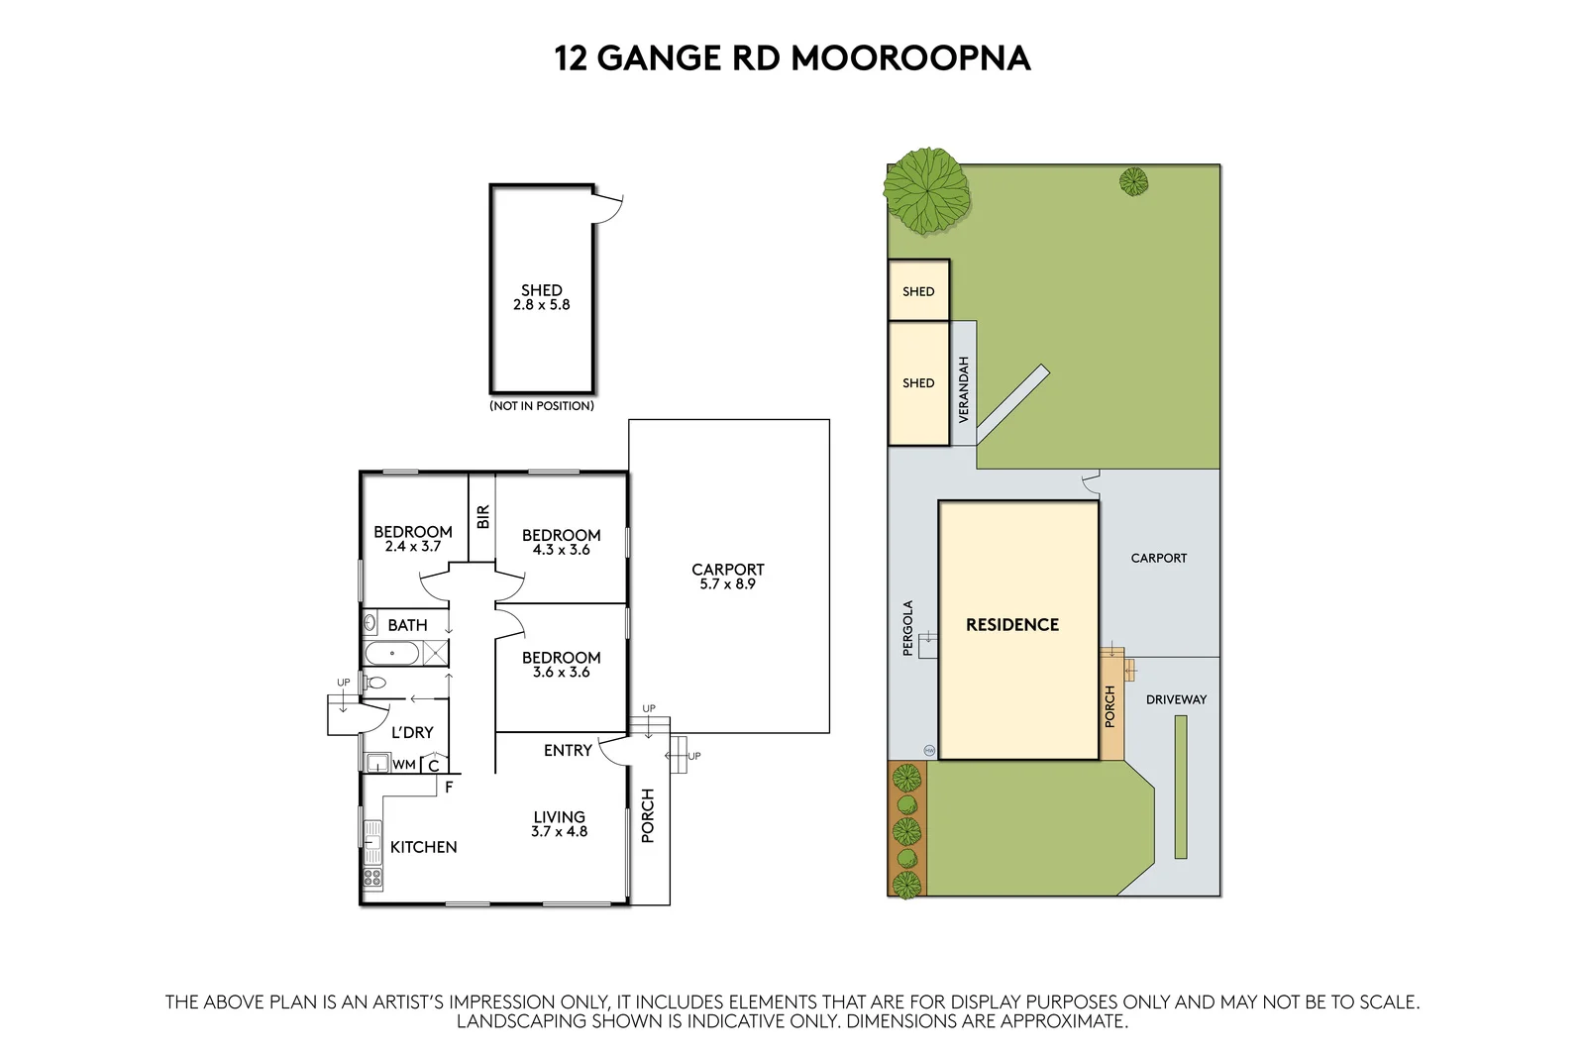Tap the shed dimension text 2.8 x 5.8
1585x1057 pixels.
(541, 305)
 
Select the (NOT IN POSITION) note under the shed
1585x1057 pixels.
(542, 406)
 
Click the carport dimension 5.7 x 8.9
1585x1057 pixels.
(727, 584)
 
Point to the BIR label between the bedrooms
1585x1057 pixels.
(482, 517)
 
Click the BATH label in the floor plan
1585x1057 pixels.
(407, 625)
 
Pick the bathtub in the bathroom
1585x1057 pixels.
(392, 654)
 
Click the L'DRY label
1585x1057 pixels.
(412, 732)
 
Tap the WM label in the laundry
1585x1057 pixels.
(404, 765)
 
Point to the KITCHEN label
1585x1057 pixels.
(423, 847)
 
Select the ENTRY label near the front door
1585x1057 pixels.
(568, 751)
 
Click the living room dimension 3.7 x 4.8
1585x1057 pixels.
(559, 832)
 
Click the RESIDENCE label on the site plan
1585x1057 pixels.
(1012, 625)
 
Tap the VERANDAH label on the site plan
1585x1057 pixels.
(964, 389)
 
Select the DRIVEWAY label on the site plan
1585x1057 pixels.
(1176, 699)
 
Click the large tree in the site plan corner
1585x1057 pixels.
(926, 190)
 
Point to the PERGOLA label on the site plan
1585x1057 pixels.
(907, 628)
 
